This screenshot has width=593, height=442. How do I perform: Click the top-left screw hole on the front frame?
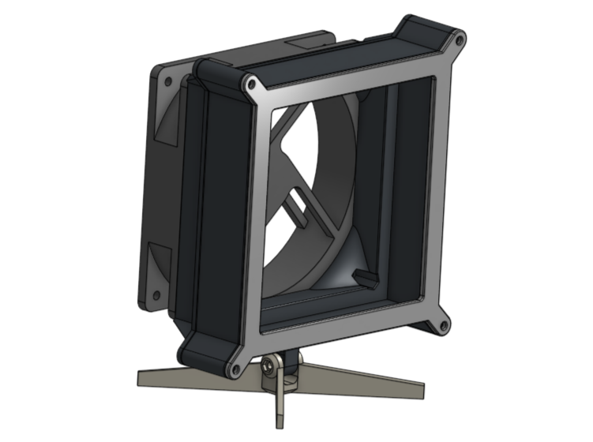click(250, 83)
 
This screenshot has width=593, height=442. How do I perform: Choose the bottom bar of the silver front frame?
click(340, 336)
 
